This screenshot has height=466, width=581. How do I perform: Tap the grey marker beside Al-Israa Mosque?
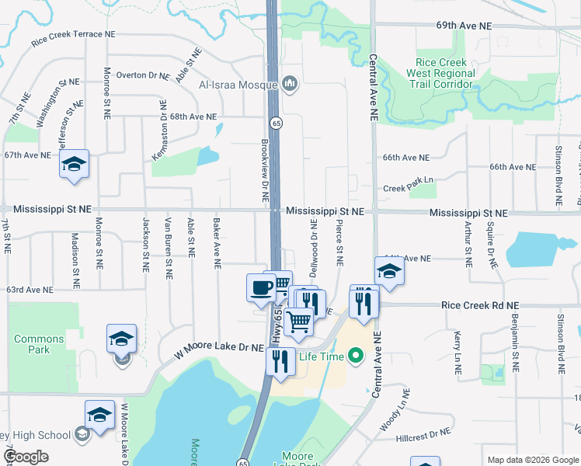point(290,83)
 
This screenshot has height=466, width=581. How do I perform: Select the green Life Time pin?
point(356,356)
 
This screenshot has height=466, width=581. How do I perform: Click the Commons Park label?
point(39,344)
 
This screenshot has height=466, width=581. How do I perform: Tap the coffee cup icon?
point(260,288)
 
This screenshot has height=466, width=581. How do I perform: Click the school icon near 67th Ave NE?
point(74,164)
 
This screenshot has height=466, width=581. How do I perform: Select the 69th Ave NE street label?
point(464,26)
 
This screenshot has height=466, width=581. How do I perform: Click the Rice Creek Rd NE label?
point(474,307)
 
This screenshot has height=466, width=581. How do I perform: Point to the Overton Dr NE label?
point(142,75)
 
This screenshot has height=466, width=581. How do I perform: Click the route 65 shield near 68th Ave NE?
point(276,123)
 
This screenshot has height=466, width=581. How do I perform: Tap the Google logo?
point(26,457)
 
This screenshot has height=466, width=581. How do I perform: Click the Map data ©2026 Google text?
point(533,460)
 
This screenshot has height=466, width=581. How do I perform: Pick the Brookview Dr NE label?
point(264,166)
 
